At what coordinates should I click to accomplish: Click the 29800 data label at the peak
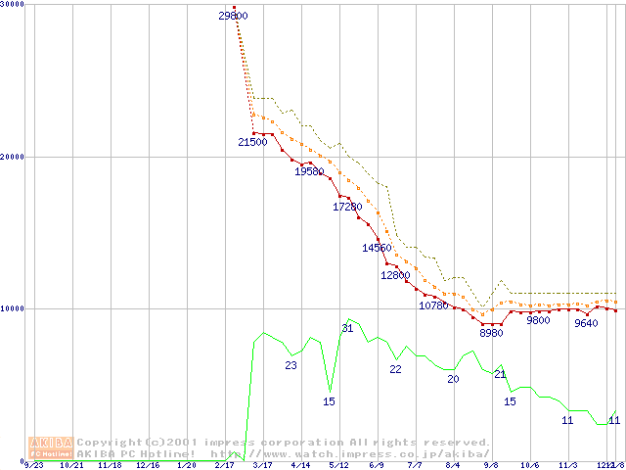[234, 16]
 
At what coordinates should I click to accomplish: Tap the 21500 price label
[252, 142]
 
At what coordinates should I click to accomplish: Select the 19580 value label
[309, 171]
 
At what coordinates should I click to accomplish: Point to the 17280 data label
[347, 207]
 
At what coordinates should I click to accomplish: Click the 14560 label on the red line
[377, 248]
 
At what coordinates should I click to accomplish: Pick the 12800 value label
[395, 275]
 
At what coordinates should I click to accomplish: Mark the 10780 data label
[433, 305]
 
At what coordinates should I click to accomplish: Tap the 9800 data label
[538, 320]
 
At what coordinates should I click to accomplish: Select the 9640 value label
[586, 323]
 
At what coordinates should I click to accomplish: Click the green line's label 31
[347, 327]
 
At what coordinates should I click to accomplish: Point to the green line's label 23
[291, 365]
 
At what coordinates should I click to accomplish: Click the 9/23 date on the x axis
[34, 465]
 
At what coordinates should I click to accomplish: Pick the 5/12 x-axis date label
[338, 465]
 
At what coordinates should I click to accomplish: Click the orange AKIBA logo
[51, 447]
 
